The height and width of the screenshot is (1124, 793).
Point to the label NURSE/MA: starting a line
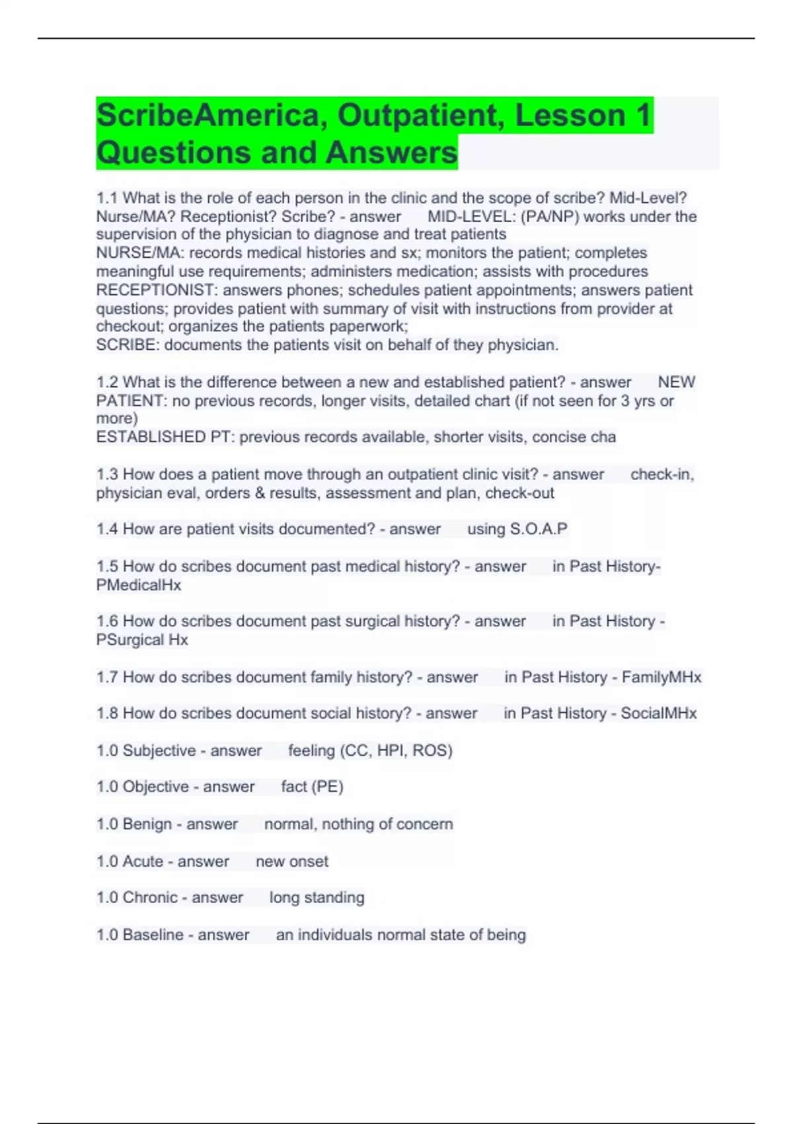(139, 253)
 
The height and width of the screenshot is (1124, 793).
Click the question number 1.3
(107, 474)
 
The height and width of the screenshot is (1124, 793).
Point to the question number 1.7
(107, 677)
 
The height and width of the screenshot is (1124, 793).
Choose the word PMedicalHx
(139, 584)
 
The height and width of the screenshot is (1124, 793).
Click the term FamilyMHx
(661, 677)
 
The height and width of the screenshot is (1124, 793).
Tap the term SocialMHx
(658, 713)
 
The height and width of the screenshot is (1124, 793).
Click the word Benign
(147, 824)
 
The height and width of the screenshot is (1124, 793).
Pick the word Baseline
(153, 934)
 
